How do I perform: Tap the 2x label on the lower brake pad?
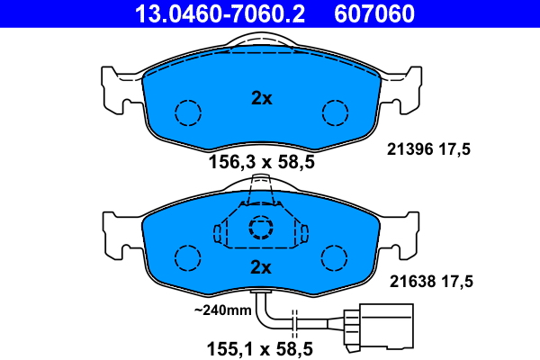coord(261,267)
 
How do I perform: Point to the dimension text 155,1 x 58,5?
coord(261,344)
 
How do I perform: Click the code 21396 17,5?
coord(429,149)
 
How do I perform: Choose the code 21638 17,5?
coord(429,282)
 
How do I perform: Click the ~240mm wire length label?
coord(223,310)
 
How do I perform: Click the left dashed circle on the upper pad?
coord(188,112)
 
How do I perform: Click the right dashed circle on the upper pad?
coord(335,112)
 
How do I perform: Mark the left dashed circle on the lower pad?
coord(188,257)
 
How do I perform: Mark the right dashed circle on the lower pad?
coord(335,257)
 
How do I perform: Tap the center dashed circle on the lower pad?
coord(261,228)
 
